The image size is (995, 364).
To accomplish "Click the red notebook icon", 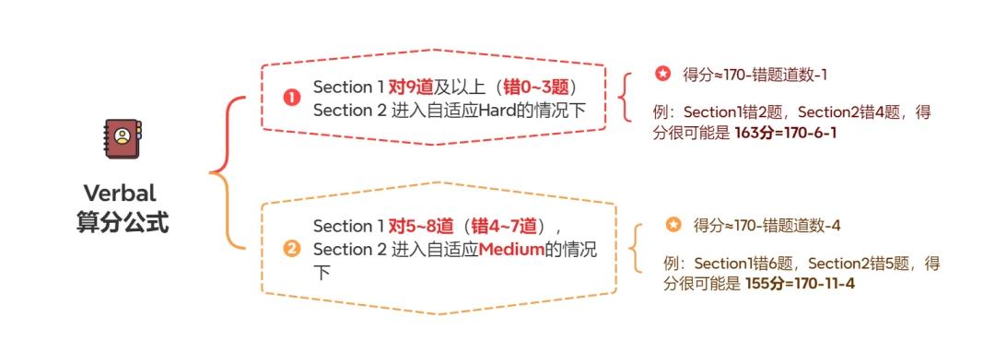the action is pyautogui.click(x=123, y=138).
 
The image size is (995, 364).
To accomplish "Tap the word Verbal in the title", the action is pyautogui.click(x=120, y=193).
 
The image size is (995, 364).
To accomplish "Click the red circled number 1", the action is pyautogui.click(x=291, y=99).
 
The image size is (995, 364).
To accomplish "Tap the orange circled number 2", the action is pyautogui.click(x=292, y=250).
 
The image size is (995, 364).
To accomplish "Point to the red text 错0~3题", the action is pyautogui.click(x=539, y=87).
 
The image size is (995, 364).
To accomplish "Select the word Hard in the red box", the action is pyautogui.click(x=497, y=110).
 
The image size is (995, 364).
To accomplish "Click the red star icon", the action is pyautogui.click(x=662, y=75).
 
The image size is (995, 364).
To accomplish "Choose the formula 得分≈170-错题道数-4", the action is pyautogui.click(x=767, y=225).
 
